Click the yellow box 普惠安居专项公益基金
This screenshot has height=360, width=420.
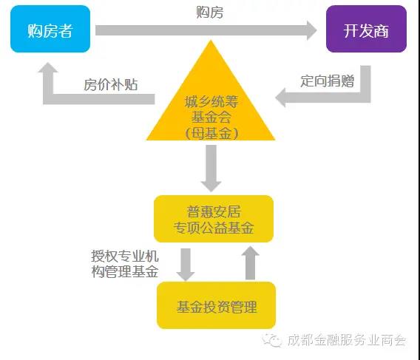point(213,218)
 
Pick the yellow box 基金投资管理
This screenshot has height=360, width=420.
point(216,305)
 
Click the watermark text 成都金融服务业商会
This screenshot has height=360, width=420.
point(348,341)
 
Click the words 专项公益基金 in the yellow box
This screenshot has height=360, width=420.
point(213,228)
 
